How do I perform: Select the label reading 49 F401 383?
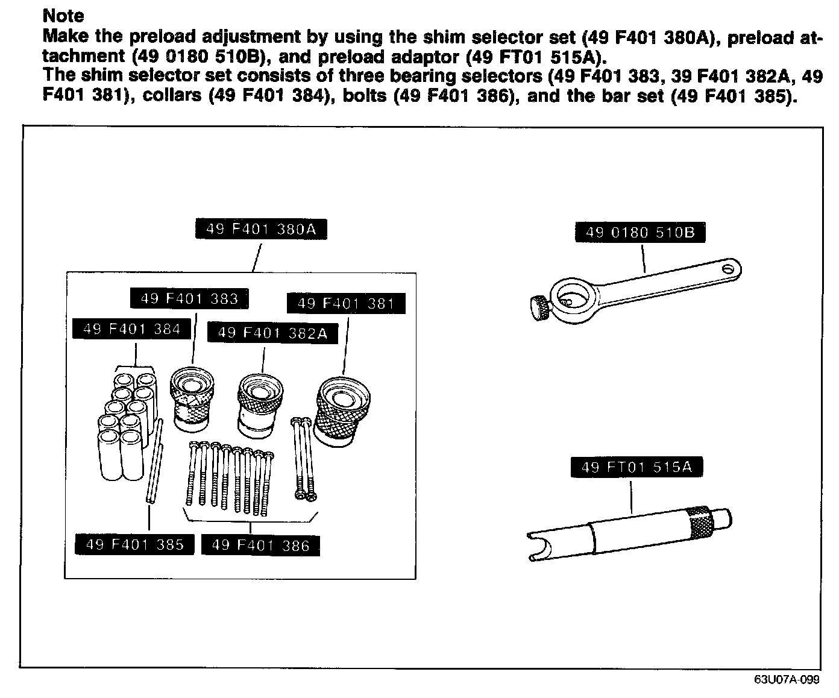click(x=189, y=298)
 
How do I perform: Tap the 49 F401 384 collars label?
click(x=131, y=329)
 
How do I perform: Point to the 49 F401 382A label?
click(x=272, y=333)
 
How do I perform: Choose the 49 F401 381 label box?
click(x=345, y=304)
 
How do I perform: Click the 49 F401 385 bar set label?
click(x=134, y=545)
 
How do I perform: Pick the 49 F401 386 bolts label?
click(x=260, y=546)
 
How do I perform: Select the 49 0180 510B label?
click(x=640, y=233)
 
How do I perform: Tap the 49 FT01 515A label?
click(x=636, y=467)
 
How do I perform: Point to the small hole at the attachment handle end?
click(x=730, y=267)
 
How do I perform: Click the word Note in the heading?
click(x=63, y=16)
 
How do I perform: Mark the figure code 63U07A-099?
click(x=787, y=680)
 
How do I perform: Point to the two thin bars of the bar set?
click(x=154, y=461)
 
